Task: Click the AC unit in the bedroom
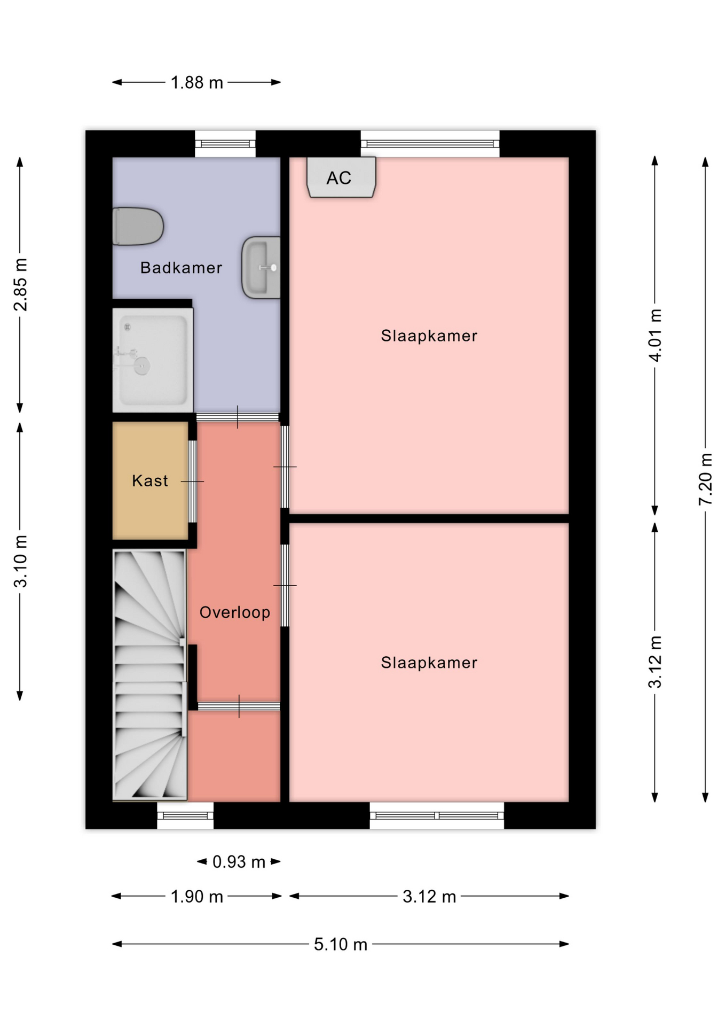point(341,177)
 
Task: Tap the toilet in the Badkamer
point(138,226)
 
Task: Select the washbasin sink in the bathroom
point(261,267)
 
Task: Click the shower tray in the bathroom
point(153,360)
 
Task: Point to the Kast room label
point(150,480)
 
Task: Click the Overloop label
point(235,612)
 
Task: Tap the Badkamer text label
point(181,267)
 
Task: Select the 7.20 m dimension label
point(705,479)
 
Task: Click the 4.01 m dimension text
point(655,335)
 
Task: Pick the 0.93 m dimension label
point(239,861)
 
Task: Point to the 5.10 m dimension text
point(341,944)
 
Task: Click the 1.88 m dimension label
point(196,82)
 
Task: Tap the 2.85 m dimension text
point(20,284)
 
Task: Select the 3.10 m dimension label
point(20,561)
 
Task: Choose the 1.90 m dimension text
point(196,896)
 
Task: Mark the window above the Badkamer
point(225,143)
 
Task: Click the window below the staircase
point(185,815)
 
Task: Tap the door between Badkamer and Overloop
point(238,417)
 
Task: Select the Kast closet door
point(193,481)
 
